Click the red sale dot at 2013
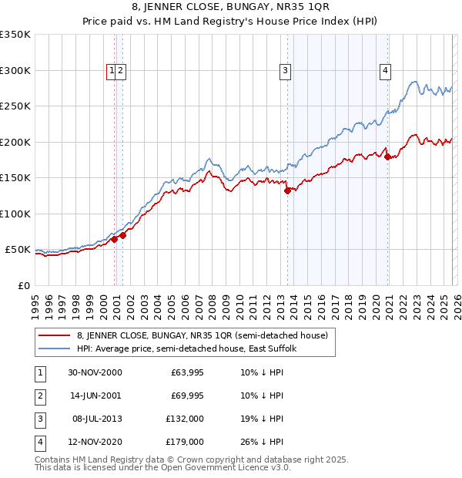[287, 190]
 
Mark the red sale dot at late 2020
[387, 157]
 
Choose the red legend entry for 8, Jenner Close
[202, 335]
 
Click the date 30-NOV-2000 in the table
[95, 373]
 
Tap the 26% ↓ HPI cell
[261, 442]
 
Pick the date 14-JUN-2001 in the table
[95, 396]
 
